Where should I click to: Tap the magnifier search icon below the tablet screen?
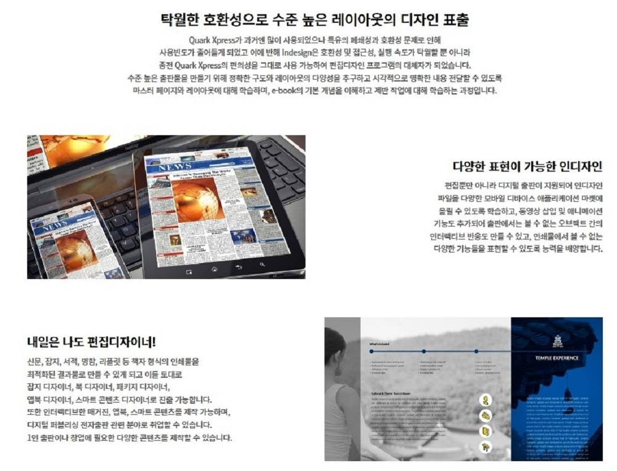(262, 265)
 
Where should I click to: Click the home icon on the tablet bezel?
(214, 269)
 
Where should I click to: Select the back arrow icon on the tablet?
(238, 267)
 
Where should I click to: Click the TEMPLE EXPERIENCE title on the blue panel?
(557, 357)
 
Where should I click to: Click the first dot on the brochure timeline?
(370, 352)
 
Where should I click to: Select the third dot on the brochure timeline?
(475, 352)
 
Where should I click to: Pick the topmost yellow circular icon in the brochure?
(486, 399)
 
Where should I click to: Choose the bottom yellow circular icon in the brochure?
(486, 445)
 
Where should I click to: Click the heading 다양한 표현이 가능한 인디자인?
(527, 167)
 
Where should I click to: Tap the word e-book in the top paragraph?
(285, 90)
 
